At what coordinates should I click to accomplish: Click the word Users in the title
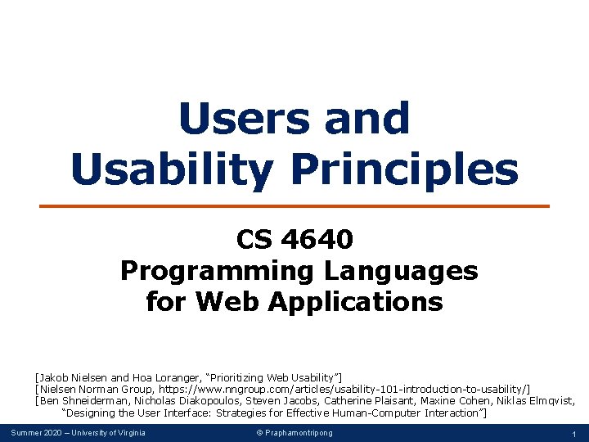(x=245, y=118)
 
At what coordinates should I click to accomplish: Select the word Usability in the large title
(x=173, y=171)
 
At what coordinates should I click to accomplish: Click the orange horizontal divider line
(x=294, y=206)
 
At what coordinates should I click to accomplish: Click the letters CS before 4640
(x=254, y=239)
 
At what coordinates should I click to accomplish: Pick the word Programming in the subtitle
(x=217, y=272)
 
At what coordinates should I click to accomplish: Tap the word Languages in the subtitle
(x=401, y=272)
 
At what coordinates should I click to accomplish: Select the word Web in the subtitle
(x=227, y=301)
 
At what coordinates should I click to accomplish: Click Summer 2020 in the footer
(x=36, y=433)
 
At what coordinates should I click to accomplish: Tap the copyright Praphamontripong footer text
(x=294, y=433)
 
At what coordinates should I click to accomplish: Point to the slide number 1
(x=574, y=434)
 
